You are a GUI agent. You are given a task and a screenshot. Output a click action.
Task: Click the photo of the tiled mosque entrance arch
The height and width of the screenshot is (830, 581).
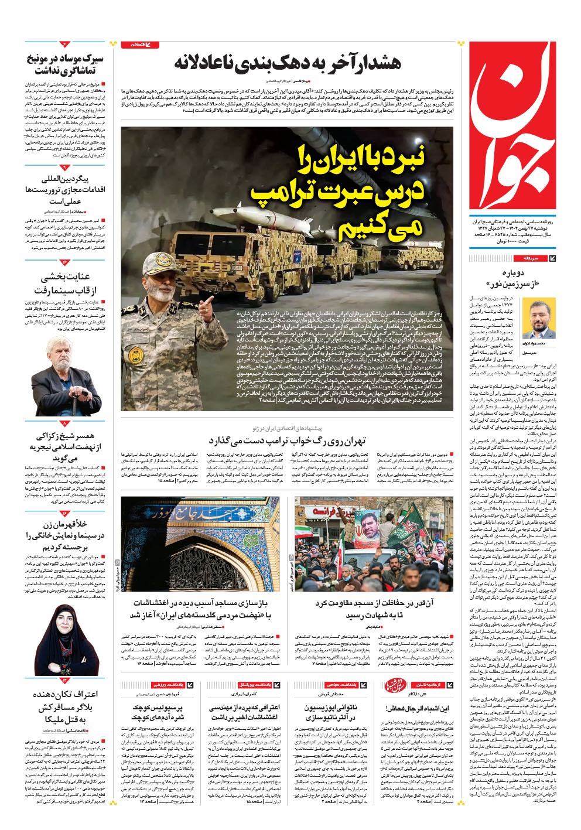click(199, 544)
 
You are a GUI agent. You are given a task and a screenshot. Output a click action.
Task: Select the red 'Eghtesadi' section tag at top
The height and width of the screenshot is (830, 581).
click(139, 45)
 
